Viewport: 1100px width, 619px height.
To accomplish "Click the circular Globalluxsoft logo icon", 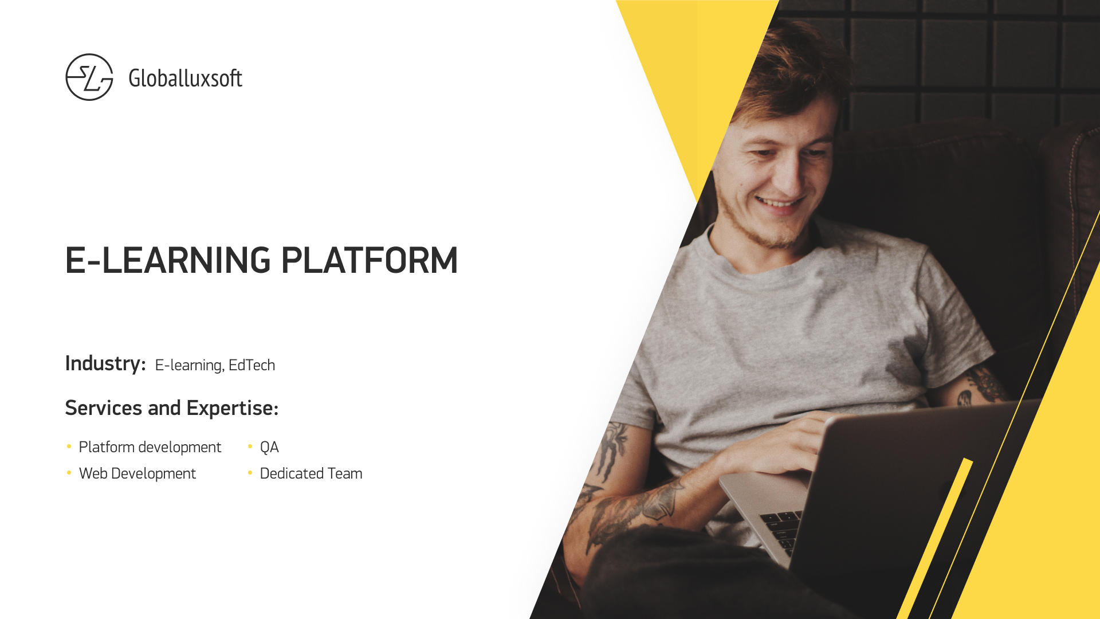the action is (89, 77).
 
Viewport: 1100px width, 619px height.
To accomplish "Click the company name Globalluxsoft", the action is (185, 78).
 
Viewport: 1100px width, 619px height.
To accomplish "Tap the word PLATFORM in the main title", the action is (370, 260).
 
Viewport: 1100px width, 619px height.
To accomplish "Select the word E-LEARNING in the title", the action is (168, 260).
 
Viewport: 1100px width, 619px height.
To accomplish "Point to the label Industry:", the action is (105, 363).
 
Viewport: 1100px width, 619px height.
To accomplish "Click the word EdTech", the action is (252, 365).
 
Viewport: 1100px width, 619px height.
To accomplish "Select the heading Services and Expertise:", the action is (172, 408).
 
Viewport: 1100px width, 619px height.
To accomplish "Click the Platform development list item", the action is (150, 447).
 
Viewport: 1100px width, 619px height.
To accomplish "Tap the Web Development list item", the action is (137, 473).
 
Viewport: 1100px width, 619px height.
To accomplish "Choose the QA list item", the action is (269, 447).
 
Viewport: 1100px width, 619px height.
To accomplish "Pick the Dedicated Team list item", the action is (311, 473).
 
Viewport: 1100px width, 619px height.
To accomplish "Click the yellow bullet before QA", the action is (250, 446).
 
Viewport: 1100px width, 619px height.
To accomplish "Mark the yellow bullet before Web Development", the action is (69, 472).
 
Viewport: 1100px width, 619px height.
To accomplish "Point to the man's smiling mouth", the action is (779, 203).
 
